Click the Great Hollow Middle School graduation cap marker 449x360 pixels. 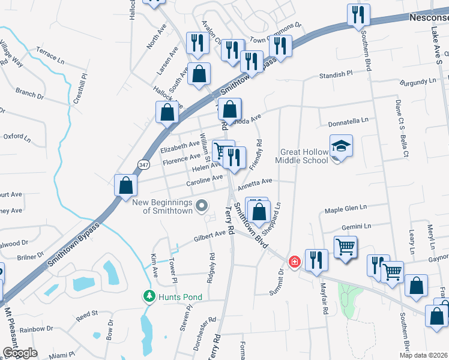(341, 146)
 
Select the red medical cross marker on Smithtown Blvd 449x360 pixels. (294, 262)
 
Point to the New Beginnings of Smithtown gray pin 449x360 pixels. (202, 206)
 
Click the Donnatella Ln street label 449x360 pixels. (348, 122)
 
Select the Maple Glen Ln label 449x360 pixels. (345, 209)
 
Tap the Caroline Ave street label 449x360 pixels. (204, 180)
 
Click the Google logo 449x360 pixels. (20, 353)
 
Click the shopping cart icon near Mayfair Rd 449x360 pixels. (345, 246)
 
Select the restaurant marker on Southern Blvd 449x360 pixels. (358, 14)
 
